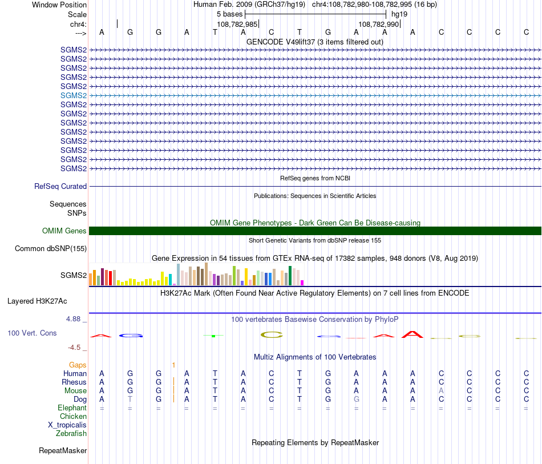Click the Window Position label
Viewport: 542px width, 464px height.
click(x=59, y=5)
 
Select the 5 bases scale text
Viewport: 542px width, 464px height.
click(x=229, y=14)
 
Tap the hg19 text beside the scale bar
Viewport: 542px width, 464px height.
click(x=399, y=14)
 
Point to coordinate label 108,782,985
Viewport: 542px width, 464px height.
click(x=237, y=24)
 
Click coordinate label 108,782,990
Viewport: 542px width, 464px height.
click(x=378, y=24)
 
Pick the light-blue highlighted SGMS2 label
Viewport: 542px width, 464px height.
click(x=74, y=95)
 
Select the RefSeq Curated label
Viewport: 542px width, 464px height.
click(x=60, y=186)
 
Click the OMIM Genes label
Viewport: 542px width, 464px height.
click(x=64, y=231)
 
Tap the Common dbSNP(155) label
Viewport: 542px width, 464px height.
click(x=51, y=248)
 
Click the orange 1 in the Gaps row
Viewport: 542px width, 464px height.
click(x=173, y=364)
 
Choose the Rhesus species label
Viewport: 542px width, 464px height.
click(x=74, y=382)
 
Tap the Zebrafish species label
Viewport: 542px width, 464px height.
click(x=71, y=433)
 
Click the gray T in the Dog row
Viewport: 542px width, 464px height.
click(x=130, y=399)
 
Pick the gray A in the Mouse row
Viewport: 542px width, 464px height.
click(x=441, y=390)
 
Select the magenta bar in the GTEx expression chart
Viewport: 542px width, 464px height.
click(x=302, y=282)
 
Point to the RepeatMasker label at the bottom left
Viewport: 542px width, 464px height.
click(x=63, y=451)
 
